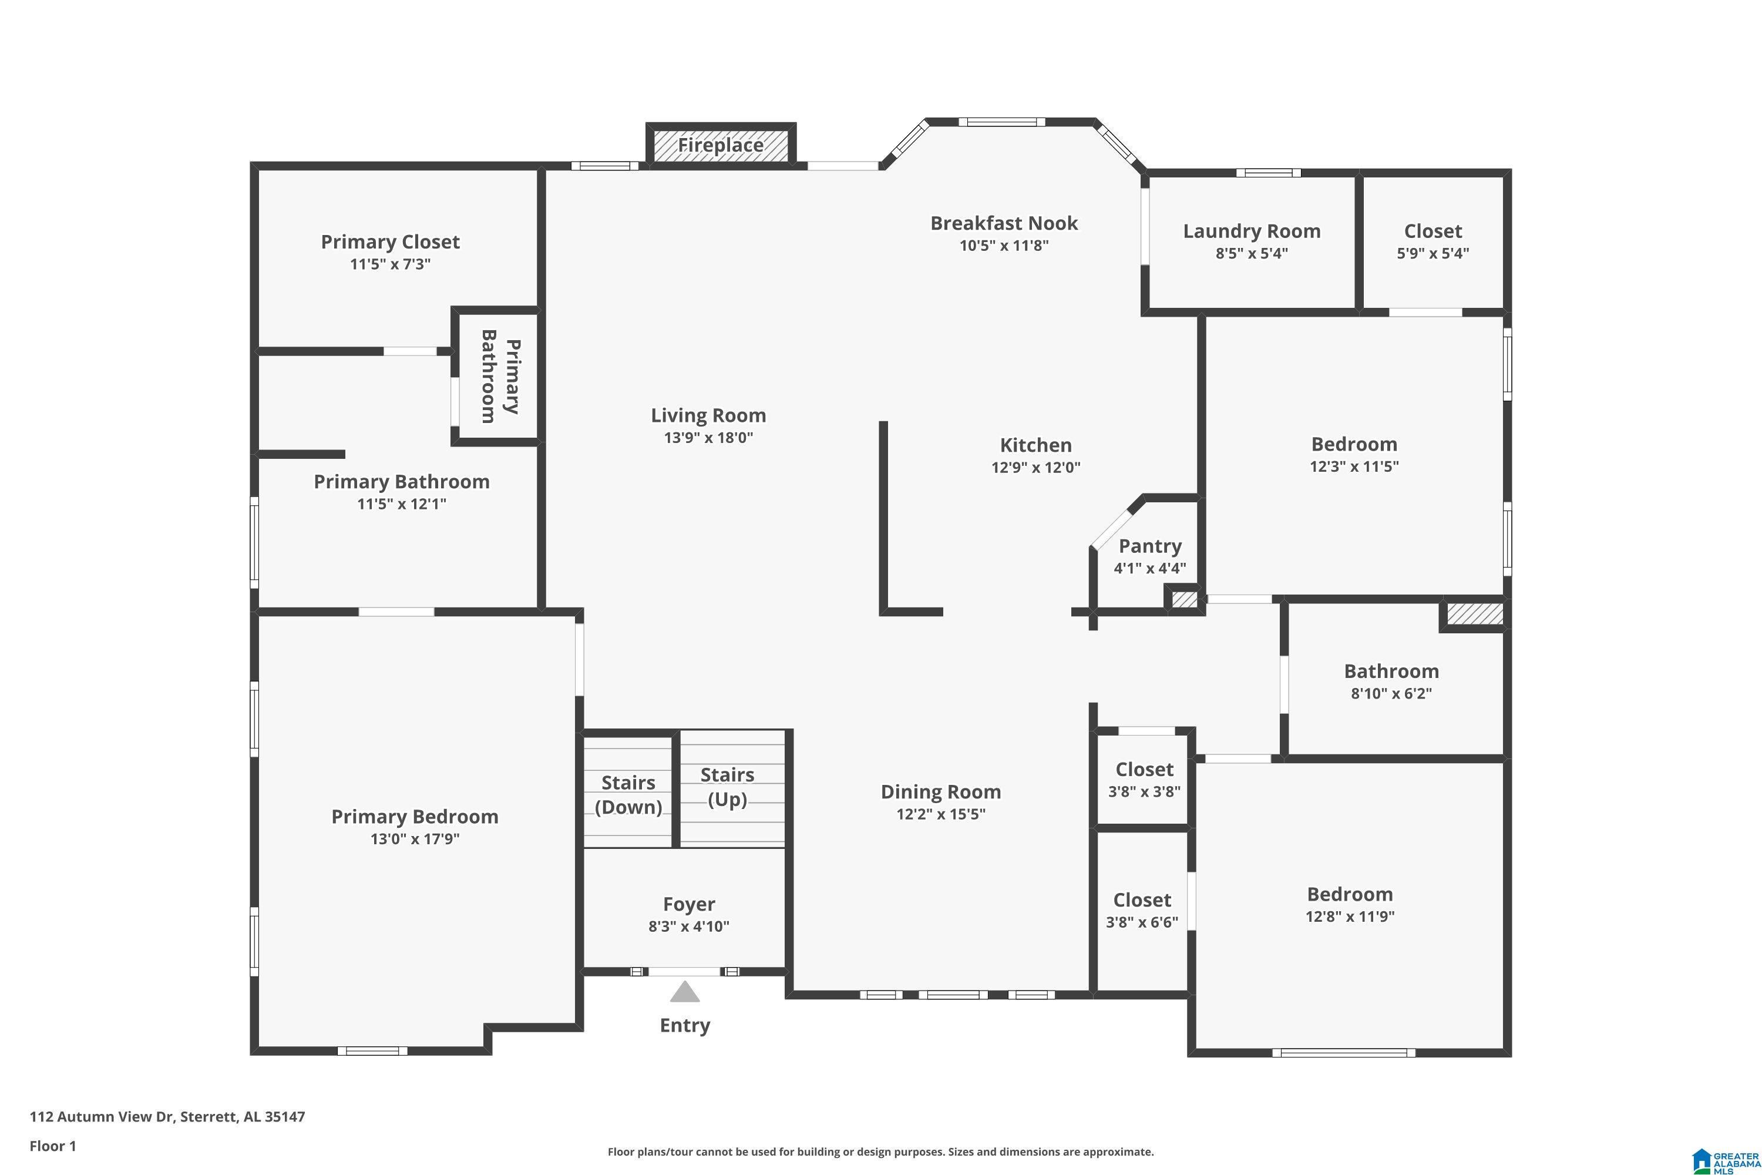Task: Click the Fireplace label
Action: point(721,145)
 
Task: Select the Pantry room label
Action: point(1150,546)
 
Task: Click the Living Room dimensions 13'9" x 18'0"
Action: point(708,437)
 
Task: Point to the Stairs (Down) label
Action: point(628,794)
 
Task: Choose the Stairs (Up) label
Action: point(728,787)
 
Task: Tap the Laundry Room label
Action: point(1252,231)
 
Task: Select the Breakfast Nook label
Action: point(1004,223)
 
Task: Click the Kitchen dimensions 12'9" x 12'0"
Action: point(1035,467)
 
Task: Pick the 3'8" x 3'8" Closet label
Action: point(1144,769)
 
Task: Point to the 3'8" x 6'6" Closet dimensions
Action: point(1142,922)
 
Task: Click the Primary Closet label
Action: point(391,242)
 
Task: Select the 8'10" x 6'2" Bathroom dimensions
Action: point(1391,693)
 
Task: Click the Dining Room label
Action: point(940,791)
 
